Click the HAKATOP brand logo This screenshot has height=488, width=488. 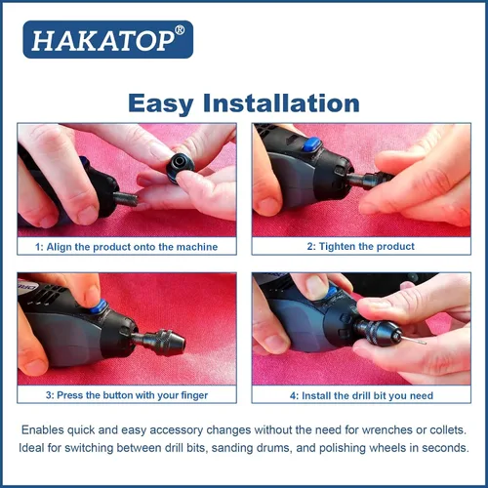coord(108,39)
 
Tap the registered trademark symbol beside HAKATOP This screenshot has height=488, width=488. coord(180,30)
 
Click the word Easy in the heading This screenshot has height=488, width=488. coord(161,103)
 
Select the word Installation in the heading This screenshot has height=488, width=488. coord(281,102)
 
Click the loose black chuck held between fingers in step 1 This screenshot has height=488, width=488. coord(181,167)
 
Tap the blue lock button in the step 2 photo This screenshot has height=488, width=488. coord(311,144)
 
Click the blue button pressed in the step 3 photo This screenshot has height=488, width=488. coord(99,306)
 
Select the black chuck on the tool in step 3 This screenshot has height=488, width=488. coord(163,342)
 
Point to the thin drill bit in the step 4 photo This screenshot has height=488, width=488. coord(414,340)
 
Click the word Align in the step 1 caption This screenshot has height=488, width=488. coord(60,247)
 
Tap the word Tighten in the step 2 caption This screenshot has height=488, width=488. coord(337,247)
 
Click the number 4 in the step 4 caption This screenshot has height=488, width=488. coord(293,396)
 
